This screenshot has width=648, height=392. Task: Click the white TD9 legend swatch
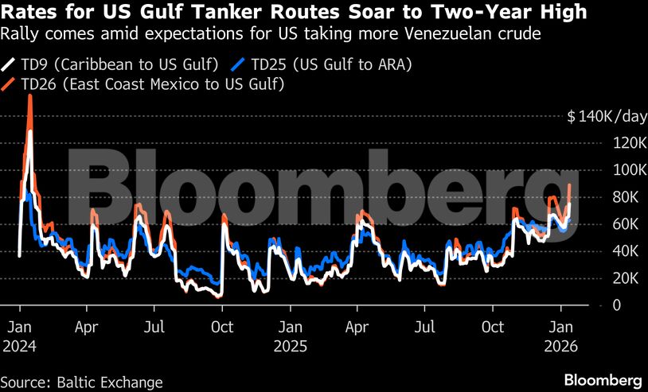tap(9, 64)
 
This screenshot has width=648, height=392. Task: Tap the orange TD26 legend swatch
tap(9, 83)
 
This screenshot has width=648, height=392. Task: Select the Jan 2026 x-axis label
tap(561, 336)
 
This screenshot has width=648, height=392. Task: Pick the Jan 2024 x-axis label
tap(20, 336)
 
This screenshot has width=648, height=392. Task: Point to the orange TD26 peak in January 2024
tap(29, 96)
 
